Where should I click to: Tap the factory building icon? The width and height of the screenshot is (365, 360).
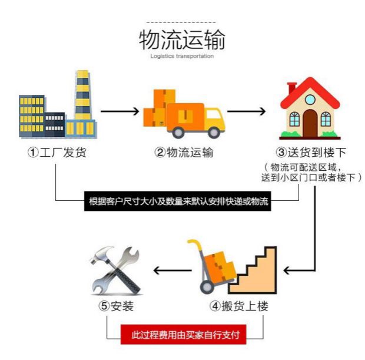point(57,106)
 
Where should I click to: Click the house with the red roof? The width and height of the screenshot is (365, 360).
point(310,109)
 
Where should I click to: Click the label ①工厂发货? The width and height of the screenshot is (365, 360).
point(57,153)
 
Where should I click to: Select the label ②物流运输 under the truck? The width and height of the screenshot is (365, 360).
point(184,153)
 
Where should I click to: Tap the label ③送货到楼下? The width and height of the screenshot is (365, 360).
point(310,153)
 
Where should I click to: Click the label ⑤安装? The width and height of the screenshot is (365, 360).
point(115,306)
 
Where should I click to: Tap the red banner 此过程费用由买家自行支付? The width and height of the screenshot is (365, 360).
point(184,335)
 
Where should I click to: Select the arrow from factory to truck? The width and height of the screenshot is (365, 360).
point(121,110)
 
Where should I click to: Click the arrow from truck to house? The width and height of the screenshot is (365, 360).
point(247,110)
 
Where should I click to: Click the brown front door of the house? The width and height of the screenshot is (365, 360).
point(310,123)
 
